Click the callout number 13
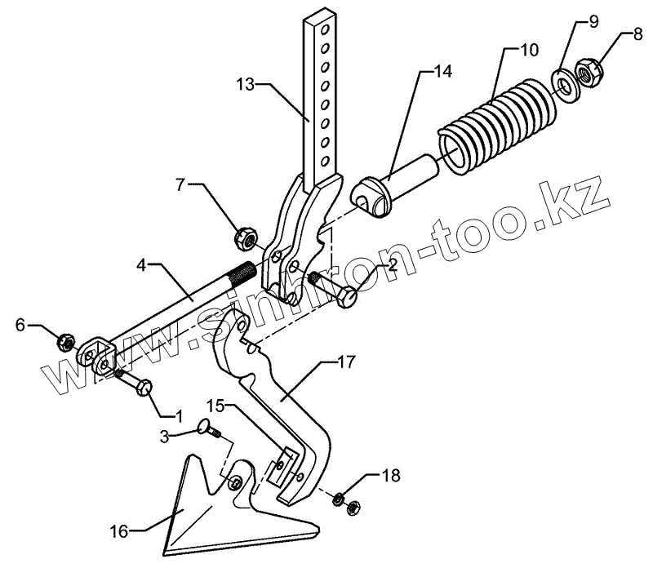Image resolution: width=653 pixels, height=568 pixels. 247,83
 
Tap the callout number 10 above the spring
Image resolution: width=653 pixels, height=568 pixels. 529,50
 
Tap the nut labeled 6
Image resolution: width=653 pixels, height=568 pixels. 67,341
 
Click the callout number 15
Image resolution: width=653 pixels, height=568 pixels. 215,404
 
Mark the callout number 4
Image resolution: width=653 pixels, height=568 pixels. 141,265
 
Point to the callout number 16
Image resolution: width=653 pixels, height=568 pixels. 118,531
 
